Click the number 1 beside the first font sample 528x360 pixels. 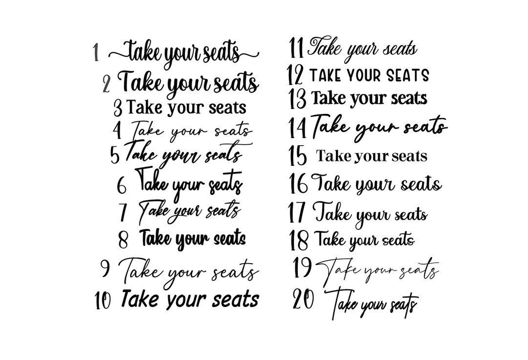[96, 53]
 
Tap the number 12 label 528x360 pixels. [295, 75]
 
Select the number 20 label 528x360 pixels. [303, 299]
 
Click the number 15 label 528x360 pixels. [298, 156]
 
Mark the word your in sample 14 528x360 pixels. [377, 128]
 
